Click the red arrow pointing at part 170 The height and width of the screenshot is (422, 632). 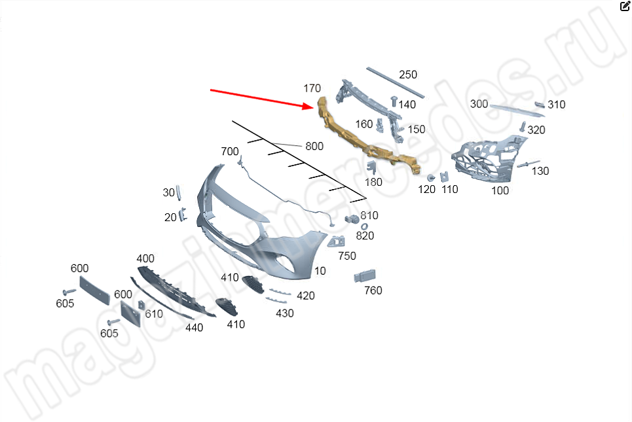(261, 99)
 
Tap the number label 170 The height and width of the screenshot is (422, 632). (312, 88)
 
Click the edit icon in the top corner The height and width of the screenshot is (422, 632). (625, 6)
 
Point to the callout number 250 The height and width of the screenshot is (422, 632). (408, 75)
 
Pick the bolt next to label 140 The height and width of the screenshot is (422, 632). (394, 101)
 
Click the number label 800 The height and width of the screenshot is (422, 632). (314, 146)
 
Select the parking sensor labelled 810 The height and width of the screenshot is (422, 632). (352, 219)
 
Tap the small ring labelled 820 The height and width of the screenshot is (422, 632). (364, 227)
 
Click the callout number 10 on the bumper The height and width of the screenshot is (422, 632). (320, 271)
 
